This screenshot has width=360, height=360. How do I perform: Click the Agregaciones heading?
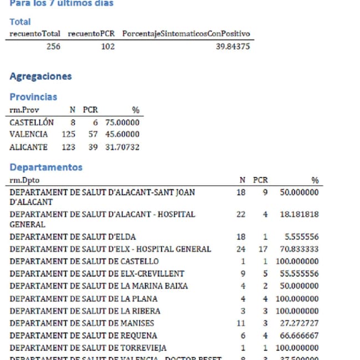(x=40, y=76)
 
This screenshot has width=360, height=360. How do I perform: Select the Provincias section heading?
(x=33, y=97)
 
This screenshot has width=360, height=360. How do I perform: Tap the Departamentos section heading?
(x=46, y=167)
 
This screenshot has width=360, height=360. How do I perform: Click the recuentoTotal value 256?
(x=53, y=47)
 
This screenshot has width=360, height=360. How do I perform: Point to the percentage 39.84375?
(x=233, y=47)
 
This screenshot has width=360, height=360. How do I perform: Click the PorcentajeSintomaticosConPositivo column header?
(x=186, y=34)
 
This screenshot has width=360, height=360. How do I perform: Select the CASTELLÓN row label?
(x=32, y=122)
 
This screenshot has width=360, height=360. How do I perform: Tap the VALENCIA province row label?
(x=29, y=135)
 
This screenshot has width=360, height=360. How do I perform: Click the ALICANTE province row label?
(x=29, y=147)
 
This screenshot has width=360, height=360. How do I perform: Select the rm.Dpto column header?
(x=24, y=180)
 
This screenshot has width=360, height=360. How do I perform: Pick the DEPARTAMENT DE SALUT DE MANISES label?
(x=82, y=323)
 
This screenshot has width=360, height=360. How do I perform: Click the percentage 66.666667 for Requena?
(x=299, y=336)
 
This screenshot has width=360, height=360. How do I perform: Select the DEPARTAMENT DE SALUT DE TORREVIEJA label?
(x=89, y=348)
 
